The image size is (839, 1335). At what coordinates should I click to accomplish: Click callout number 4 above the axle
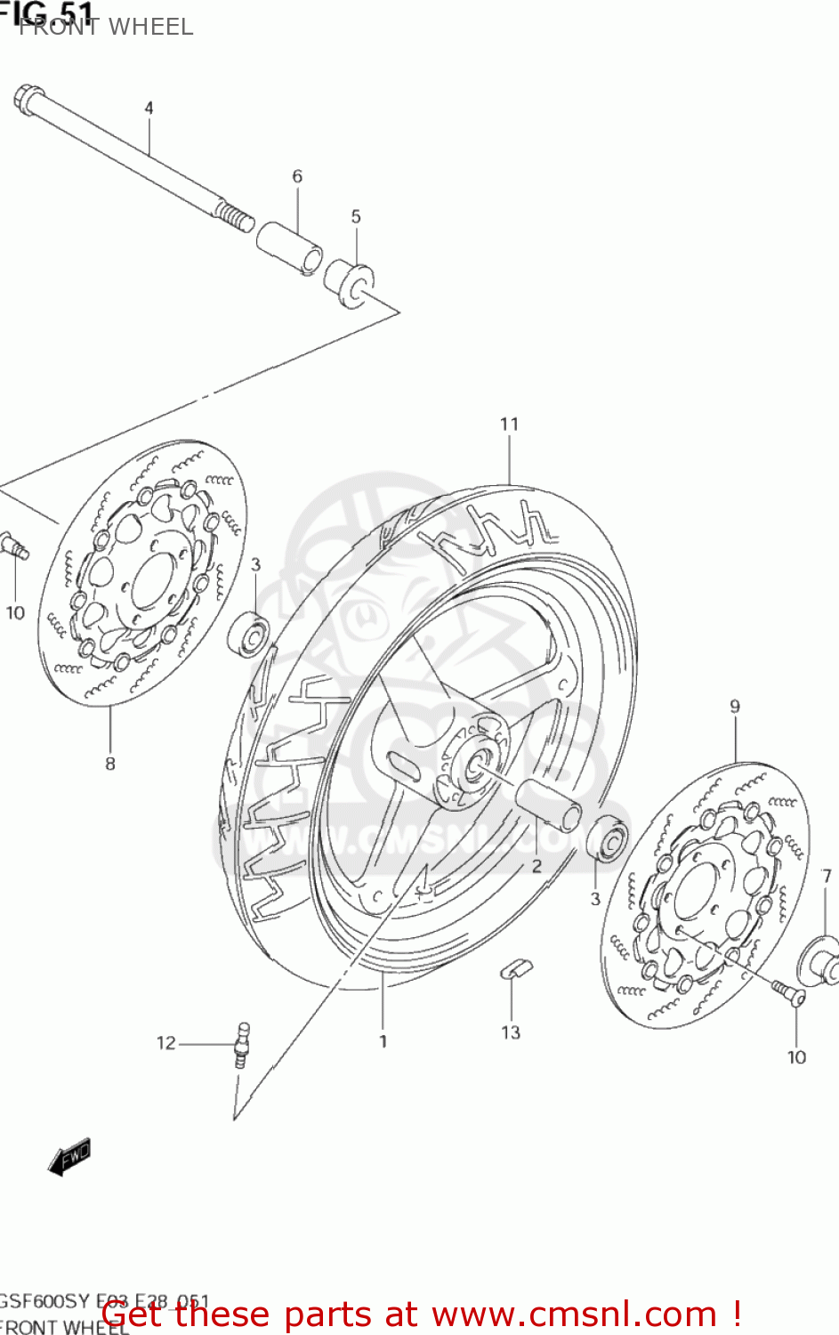[x=149, y=108]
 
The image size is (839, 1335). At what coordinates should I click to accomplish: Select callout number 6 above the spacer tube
[x=297, y=176]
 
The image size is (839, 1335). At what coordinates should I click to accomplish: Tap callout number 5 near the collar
[x=356, y=216]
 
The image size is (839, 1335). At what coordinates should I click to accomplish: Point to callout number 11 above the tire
[x=509, y=424]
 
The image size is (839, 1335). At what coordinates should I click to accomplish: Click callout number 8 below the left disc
[x=110, y=763]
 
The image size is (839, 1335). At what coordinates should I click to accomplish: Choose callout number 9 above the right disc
[x=735, y=707]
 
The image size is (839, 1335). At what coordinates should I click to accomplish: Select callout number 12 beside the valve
[x=166, y=1042]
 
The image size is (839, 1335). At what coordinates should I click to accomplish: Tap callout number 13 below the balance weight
[x=511, y=1032]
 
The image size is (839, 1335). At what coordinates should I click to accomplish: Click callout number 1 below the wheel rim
[x=383, y=1040]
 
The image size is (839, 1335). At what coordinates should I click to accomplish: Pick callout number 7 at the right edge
[x=827, y=877]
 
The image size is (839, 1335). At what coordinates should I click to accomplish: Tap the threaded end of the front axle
[x=235, y=216]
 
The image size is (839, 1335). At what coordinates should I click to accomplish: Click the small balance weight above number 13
[x=515, y=968]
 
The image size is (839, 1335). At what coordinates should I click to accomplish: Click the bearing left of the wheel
[x=249, y=633]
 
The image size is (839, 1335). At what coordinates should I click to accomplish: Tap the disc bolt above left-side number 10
[x=15, y=545]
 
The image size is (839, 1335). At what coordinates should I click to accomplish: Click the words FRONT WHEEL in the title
[x=106, y=27]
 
